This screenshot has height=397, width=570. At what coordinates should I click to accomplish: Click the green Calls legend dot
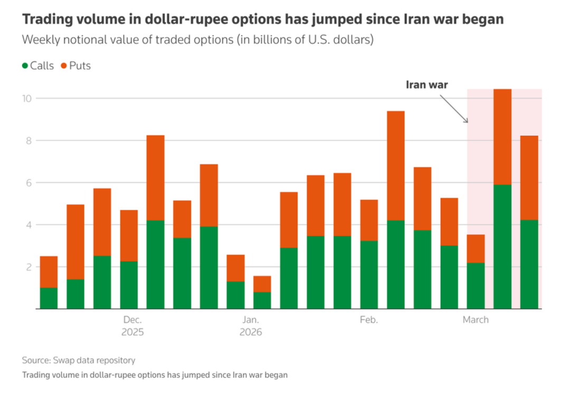pos(25,66)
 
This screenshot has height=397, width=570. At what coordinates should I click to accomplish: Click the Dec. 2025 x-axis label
pos(132,326)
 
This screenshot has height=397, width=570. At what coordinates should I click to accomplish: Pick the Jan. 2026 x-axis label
pos(250,326)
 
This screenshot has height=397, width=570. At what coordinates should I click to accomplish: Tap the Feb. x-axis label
pos(368,319)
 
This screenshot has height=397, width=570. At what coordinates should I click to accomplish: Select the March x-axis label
pos(476,319)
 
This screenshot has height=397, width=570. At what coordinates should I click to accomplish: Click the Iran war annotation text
pos(426,84)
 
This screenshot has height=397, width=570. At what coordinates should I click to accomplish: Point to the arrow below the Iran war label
pos(454,108)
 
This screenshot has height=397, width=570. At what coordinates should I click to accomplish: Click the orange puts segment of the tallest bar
pos(502,137)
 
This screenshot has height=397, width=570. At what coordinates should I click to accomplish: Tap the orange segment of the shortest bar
pos(262,284)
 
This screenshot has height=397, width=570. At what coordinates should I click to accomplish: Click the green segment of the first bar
pos(49,298)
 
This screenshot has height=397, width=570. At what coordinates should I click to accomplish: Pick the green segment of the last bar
pos(529,264)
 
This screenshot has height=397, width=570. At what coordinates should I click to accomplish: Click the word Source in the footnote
pos(35,361)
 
